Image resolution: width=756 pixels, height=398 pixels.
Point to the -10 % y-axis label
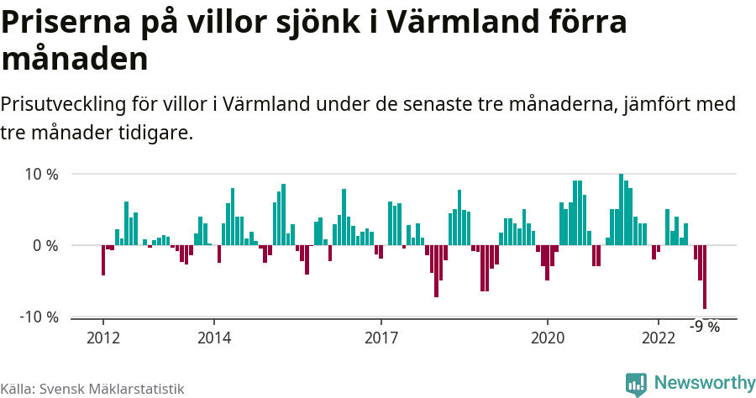click(38, 317)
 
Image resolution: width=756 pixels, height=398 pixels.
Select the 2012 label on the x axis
click(102, 338)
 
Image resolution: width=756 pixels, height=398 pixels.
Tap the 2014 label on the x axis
click(213, 338)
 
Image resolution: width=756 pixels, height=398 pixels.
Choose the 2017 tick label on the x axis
click(381, 338)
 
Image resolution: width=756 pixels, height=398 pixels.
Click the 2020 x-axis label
click(548, 338)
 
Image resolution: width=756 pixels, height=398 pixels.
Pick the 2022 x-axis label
click(659, 338)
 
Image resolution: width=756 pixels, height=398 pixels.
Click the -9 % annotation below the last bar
click(705, 327)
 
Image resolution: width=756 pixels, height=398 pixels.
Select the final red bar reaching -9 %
click(705, 277)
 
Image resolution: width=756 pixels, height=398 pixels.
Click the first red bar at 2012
click(102, 260)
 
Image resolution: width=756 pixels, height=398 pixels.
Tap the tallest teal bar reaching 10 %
click(621, 210)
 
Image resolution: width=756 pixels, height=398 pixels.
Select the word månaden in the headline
click(75, 60)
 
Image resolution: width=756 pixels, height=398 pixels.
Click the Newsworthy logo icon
click(637, 384)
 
